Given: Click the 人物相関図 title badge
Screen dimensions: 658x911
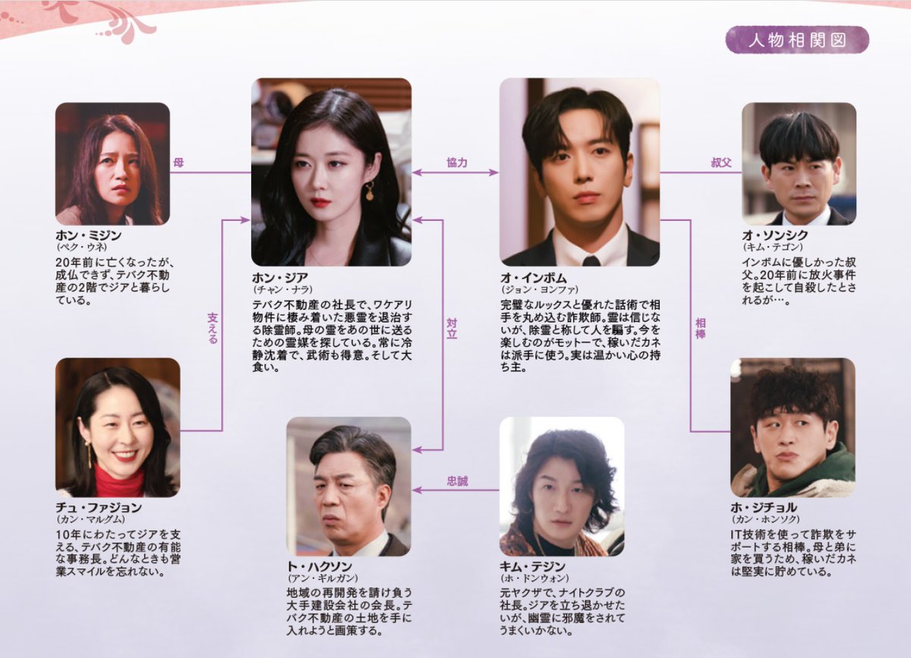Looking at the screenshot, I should point(796,40).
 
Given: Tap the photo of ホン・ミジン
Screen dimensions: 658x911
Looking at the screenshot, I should point(112,163).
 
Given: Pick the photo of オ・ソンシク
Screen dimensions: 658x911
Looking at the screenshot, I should point(799,163).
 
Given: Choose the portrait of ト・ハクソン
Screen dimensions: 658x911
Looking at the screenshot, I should point(348,486).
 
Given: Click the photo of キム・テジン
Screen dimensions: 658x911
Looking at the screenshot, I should point(562,486).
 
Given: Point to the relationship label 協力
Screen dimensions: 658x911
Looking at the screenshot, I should point(457,162).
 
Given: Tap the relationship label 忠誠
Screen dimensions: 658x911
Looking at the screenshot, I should point(457,480).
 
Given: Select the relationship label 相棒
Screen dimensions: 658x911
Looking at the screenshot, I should point(700,329).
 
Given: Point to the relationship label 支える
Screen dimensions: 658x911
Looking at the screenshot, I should point(213,329).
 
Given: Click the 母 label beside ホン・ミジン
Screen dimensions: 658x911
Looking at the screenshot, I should point(178,162).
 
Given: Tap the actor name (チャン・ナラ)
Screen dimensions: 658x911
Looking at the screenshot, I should point(282,290).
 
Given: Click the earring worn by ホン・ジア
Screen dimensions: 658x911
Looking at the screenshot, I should point(370,190).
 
